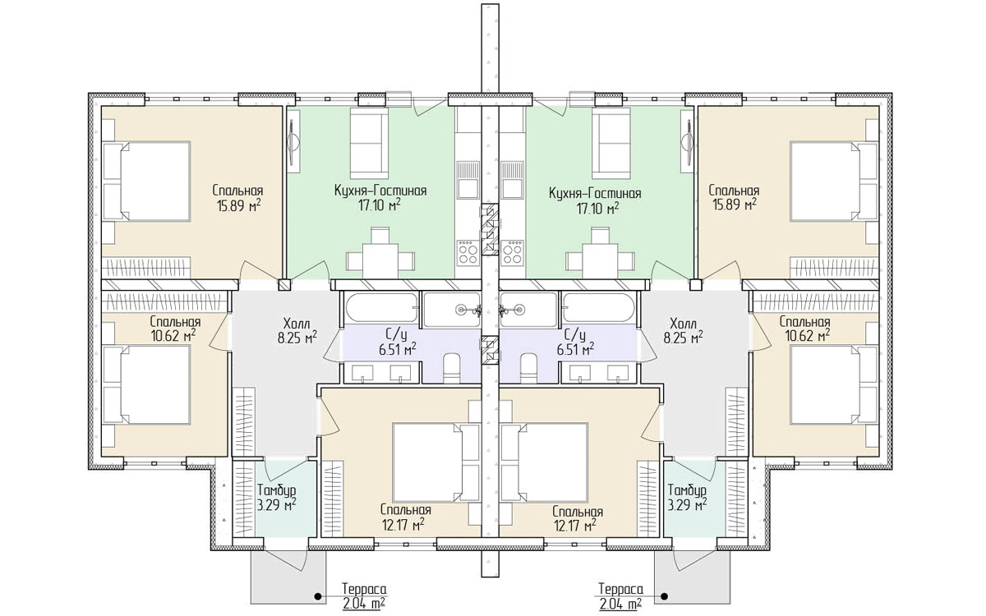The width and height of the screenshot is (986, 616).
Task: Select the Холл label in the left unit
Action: tap(297, 323)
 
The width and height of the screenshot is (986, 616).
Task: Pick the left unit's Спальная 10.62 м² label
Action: tap(175, 329)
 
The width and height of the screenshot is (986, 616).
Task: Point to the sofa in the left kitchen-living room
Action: tap(369, 138)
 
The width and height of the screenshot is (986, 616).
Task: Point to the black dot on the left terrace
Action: tap(315, 597)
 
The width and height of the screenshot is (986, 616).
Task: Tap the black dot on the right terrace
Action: tap(664, 597)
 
